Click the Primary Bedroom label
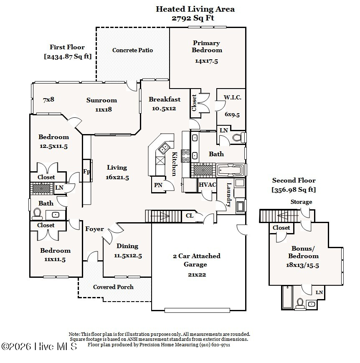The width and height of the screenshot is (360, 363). coord(206,46)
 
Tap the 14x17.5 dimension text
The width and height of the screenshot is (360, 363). coord(206,61)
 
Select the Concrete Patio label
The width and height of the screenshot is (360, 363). coord(132,50)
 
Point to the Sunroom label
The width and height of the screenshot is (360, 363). coord(101,100)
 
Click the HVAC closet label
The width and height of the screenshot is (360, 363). coord(207,185)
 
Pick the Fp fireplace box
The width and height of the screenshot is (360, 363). coord(86,171)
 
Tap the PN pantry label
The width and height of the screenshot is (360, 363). coord(158,185)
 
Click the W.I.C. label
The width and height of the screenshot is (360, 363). coord(232,97)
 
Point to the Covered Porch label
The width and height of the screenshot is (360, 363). coord(113,287)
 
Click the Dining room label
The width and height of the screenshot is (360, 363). coord(127,246)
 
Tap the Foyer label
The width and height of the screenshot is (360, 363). coord(94,229)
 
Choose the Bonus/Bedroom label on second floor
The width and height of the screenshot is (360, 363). coord(305,252)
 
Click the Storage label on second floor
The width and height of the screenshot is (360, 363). coord(301,202)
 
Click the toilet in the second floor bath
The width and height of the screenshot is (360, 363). coord(299,303)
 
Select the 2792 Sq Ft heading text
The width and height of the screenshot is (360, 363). coord(195,18)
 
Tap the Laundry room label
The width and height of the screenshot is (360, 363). coord(229,195)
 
